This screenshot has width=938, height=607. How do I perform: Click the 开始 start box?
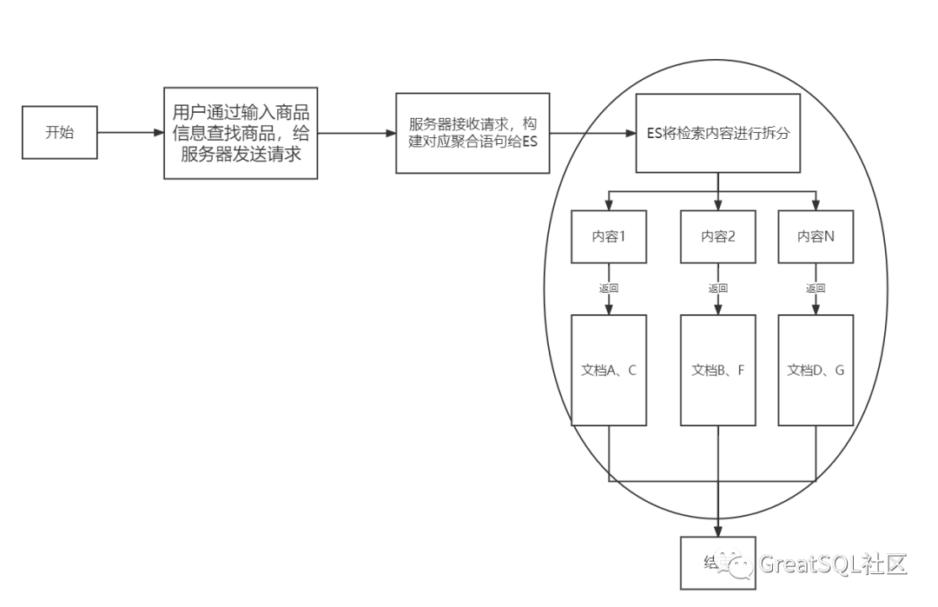(x=59, y=133)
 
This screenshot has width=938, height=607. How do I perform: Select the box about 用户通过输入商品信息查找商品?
(x=241, y=133)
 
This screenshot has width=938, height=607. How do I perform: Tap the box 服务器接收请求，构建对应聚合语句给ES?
(x=473, y=133)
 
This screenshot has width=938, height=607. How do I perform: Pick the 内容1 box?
(x=609, y=236)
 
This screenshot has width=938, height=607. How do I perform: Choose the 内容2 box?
(x=717, y=236)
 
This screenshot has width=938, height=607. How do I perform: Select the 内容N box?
(x=816, y=236)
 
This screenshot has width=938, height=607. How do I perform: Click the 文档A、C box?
(x=609, y=370)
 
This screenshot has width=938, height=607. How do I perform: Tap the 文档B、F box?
(x=717, y=370)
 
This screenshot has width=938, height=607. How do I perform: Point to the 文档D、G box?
(x=816, y=370)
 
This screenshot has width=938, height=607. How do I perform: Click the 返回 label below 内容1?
(x=609, y=288)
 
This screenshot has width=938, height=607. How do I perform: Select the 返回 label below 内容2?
(x=717, y=288)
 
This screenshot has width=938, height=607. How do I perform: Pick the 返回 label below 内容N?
(x=816, y=288)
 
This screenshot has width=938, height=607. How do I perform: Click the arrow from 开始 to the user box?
(x=130, y=133)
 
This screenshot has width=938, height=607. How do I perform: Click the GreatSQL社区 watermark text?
(x=833, y=564)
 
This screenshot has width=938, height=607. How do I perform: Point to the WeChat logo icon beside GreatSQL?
(x=742, y=565)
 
